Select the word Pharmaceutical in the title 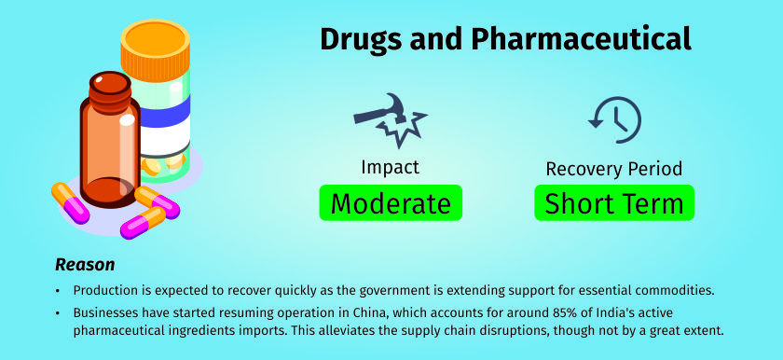[x=581, y=39]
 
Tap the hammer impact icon [x=390, y=119]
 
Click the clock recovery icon [x=614, y=119]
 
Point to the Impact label [x=390, y=167]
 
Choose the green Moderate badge [x=391, y=202]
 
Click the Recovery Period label [x=614, y=169]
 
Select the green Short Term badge [x=614, y=202]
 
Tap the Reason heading [x=85, y=265]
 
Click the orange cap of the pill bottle [x=156, y=50]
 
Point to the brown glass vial [x=110, y=140]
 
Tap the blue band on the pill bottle [x=165, y=111]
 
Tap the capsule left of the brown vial [x=71, y=203]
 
